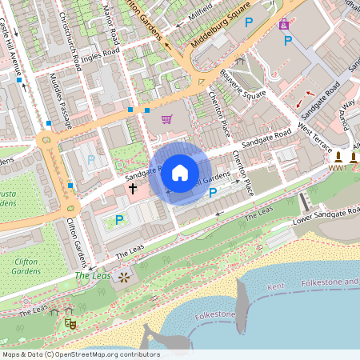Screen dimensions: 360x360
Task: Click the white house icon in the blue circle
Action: point(180,172)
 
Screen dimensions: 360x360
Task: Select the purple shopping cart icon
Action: point(166,119)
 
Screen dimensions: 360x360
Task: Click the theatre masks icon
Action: point(70,322)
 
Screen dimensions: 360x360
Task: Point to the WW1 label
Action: point(338,169)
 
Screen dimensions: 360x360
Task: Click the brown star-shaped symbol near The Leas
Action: point(124,277)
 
